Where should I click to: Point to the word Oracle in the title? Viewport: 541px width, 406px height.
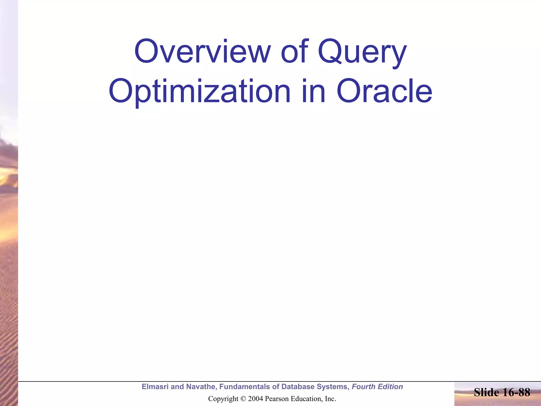coord(384,91)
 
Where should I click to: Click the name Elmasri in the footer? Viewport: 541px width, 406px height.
coord(155,387)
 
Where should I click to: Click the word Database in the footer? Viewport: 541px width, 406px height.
coord(298,387)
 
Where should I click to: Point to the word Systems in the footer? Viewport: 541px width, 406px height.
coord(333,387)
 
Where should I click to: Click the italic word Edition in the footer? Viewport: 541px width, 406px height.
coord(390,387)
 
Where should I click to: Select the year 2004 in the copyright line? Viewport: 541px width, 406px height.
coord(255,399)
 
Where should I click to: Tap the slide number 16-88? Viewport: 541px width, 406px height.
coord(515,392)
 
